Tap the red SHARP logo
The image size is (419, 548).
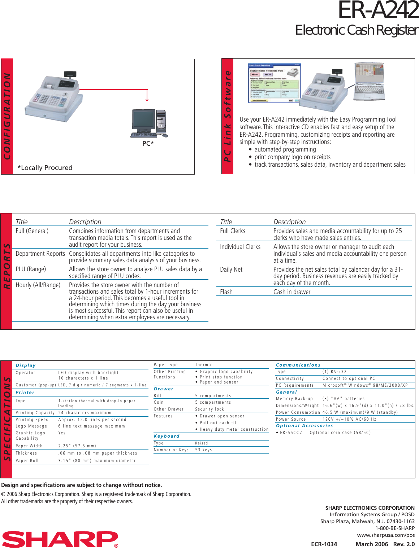(60, 539)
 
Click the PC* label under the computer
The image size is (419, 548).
(148, 143)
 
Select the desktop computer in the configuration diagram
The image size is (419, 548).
(149, 124)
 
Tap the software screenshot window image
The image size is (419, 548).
(274, 83)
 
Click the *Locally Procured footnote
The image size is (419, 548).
(45, 168)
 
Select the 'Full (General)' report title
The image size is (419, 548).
(32, 231)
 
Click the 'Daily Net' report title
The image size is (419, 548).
(231, 269)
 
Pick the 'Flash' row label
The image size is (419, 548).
(226, 292)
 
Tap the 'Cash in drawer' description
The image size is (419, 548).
(292, 292)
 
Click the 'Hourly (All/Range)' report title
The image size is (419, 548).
(38, 285)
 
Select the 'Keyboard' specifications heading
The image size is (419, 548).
(167, 436)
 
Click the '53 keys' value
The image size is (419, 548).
(204, 450)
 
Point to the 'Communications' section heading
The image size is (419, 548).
(298, 365)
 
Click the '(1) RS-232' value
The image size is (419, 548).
(334, 372)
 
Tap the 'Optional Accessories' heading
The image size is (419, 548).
(304, 426)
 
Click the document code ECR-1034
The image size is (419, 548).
(324, 544)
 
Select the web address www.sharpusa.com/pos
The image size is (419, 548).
(386, 535)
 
